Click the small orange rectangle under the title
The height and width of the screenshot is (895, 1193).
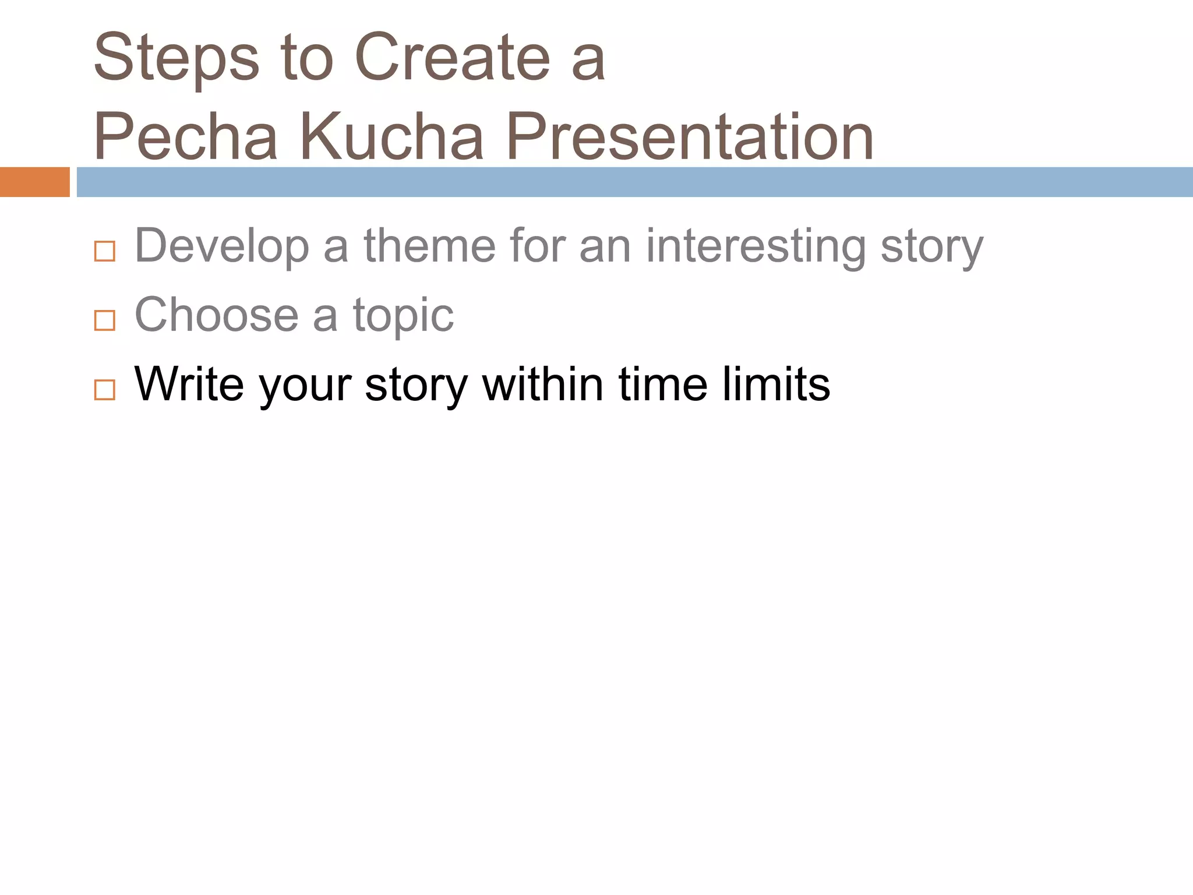pyautogui.click(x=34, y=182)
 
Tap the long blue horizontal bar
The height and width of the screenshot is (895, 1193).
pyautogui.click(x=634, y=182)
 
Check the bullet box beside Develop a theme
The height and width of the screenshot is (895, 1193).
pyautogui.click(x=105, y=251)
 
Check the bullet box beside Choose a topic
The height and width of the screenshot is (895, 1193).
pyautogui.click(x=105, y=320)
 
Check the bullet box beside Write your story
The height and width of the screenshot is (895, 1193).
pyautogui.click(x=105, y=389)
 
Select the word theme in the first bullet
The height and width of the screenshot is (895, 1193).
pyautogui.click(x=430, y=246)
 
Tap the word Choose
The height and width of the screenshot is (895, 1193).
pyautogui.click(x=217, y=315)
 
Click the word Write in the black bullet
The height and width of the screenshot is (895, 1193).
pyautogui.click(x=189, y=384)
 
